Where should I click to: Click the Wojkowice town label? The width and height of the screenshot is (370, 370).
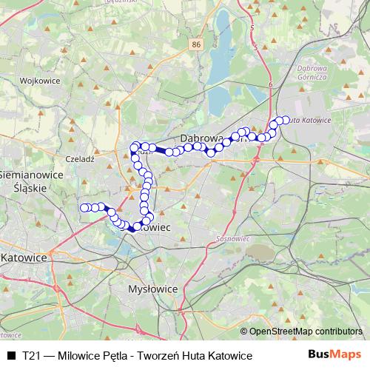click(x=33, y=80)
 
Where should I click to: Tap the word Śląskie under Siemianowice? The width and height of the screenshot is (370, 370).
click(x=30, y=188)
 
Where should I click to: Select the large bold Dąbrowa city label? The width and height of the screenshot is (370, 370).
click(x=204, y=138)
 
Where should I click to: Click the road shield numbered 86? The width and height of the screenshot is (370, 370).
click(x=195, y=46)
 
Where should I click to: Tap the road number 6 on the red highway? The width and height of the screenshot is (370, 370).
click(x=272, y=84)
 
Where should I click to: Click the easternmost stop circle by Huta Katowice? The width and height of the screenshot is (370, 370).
click(x=286, y=119)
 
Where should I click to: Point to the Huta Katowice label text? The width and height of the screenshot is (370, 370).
click(x=311, y=120)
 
